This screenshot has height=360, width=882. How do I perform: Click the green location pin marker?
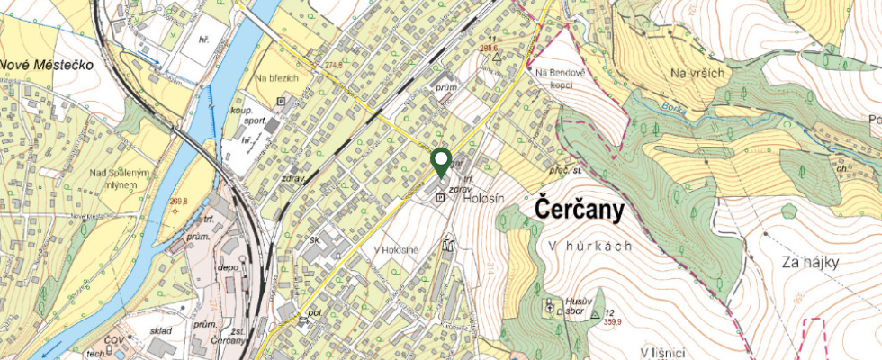pyautogui.click(x=441, y=163)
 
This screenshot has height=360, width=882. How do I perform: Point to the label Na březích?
pyautogui.click(x=275, y=77)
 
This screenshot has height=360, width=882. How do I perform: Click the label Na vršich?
pyautogui.click(x=697, y=73)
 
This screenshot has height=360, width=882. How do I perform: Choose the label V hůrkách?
pyautogui.click(x=588, y=245)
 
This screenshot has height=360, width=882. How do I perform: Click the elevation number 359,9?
pyautogui.click(x=613, y=321)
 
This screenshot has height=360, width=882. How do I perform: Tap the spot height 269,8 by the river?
pyautogui.click(x=178, y=202)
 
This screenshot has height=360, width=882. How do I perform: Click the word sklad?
pyautogui.click(x=161, y=330)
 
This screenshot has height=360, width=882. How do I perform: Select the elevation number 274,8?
pyautogui.click(x=334, y=65)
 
